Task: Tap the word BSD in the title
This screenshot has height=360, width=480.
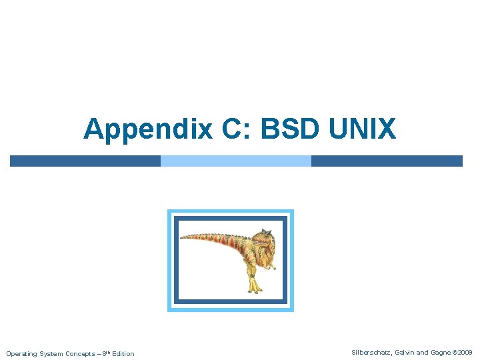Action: coord(290,129)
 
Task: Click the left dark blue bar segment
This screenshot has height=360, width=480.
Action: coord(85,161)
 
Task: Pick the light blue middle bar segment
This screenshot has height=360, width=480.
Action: coord(236,161)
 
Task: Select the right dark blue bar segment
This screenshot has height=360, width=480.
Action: coord(387,161)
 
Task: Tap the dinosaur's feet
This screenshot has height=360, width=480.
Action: coord(253,288)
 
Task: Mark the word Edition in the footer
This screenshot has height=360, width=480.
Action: coord(123,353)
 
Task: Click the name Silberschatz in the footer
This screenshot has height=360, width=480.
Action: coord(371,352)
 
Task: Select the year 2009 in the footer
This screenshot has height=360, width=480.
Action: coord(465,352)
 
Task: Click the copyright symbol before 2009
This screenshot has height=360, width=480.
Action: coord(456,352)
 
